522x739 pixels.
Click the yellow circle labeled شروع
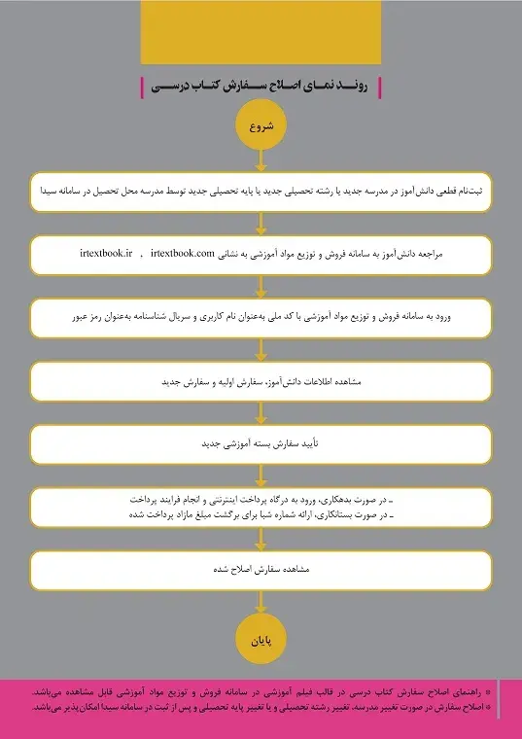[261, 126]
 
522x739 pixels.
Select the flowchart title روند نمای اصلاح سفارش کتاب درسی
[260, 87]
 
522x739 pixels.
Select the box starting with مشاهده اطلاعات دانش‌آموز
[261, 382]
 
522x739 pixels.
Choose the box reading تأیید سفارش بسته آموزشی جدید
[261, 443]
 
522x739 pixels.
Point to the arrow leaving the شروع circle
[261, 160]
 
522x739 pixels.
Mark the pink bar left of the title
[143, 87]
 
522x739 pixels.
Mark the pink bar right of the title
[378, 87]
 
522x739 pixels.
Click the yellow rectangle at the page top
[261, 31]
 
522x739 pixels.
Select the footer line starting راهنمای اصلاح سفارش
[261, 692]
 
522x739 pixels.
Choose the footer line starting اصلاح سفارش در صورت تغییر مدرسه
[261, 707]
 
